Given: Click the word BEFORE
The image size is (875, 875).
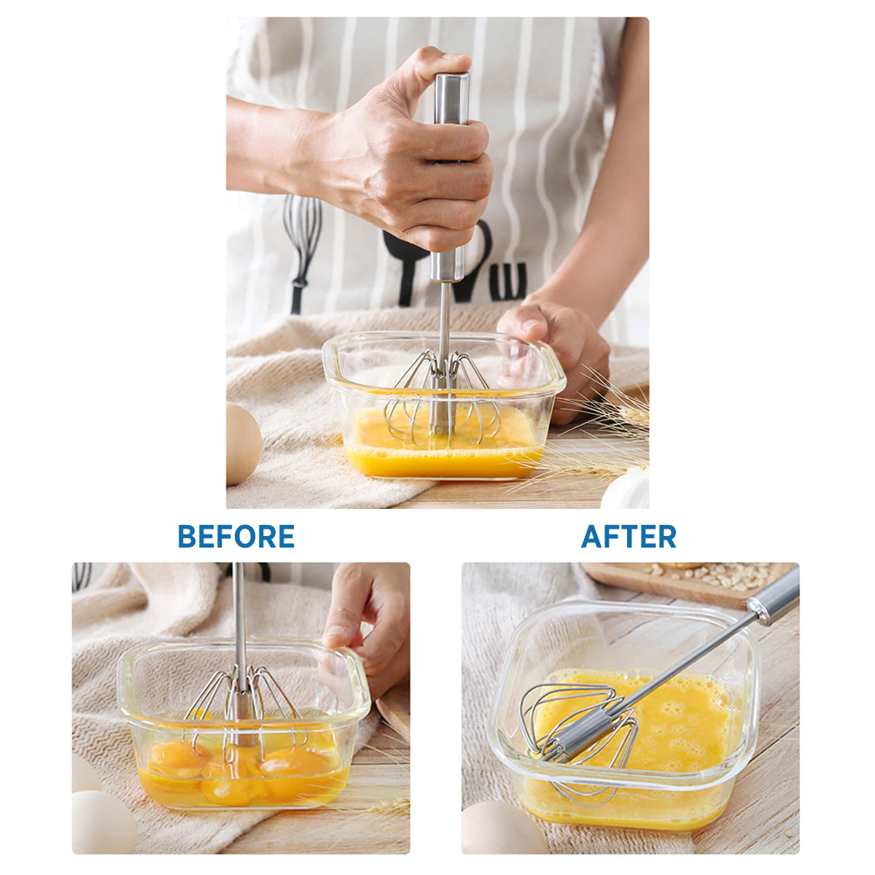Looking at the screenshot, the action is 236,536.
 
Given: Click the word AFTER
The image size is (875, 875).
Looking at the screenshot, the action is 629,536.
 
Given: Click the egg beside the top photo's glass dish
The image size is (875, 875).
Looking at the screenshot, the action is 244,443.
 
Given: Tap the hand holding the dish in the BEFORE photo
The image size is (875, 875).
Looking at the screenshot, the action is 367,631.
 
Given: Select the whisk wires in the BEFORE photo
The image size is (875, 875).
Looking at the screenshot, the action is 245,708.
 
